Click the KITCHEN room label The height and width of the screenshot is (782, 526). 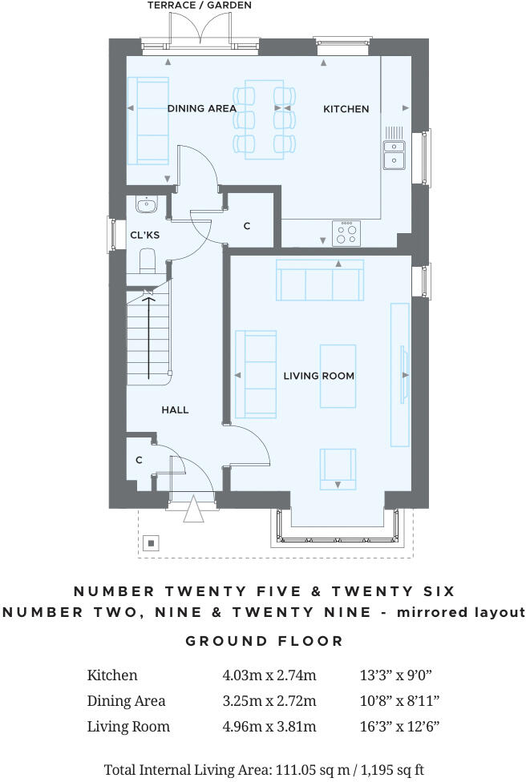click(x=346, y=109)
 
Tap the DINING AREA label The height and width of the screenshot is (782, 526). click(x=201, y=109)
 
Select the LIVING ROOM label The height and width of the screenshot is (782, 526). click(x=318, y=376)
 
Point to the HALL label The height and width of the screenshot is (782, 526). click(x=175, y=410)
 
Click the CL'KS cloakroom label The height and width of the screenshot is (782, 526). click(x=145, y=235)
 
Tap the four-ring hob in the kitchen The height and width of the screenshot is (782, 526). click(x=346, y=233)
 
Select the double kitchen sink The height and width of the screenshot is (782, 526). click(x=394, y=154)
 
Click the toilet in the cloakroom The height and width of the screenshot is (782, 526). click(x=148, y=260)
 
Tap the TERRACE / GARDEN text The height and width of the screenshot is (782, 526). click(x=200, y=6)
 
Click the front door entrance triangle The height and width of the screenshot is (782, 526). click(x=192, y=510)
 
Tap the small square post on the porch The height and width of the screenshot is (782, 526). click(x=150, y=543)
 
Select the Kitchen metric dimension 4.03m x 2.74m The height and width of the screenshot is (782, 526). click(x=269, y=675)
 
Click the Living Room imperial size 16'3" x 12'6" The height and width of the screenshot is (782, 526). click(x=399, y=727)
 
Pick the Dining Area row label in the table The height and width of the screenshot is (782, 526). click(x=126, y=701)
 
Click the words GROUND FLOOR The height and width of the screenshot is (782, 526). click(x=264, y=641)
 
